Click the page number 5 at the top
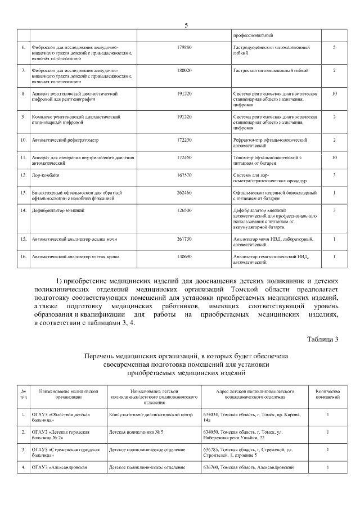point(186,25)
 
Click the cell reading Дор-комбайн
point(46,175)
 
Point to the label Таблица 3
point(323,339)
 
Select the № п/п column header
point(24,394)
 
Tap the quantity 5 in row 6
point(334,47)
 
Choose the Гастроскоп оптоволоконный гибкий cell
point(270,70)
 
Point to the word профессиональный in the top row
point(253,35)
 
